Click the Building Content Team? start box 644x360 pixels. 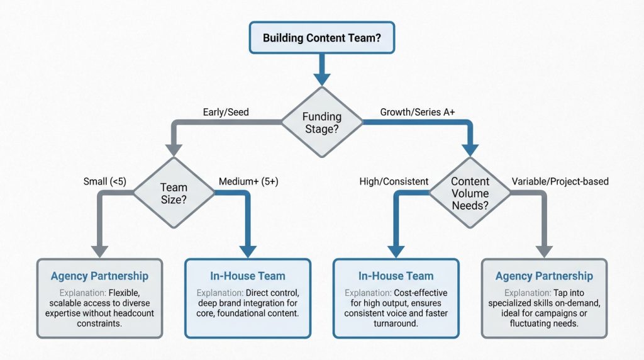click(321, 38)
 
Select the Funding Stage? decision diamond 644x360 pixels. click(321, 121)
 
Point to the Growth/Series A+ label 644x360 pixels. click(418, 113)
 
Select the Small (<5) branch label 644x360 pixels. click(104, 182)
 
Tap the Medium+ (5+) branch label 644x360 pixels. click(248, 182)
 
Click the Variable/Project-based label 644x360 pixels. click(560, 182)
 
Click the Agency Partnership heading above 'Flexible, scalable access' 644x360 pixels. click(99, 276)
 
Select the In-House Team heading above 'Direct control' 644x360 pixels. click(247, 276)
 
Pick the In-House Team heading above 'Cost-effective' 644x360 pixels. click(396, 276)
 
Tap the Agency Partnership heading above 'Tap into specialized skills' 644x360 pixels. click(544, 276)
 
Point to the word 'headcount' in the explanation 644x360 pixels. click(133, 313)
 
